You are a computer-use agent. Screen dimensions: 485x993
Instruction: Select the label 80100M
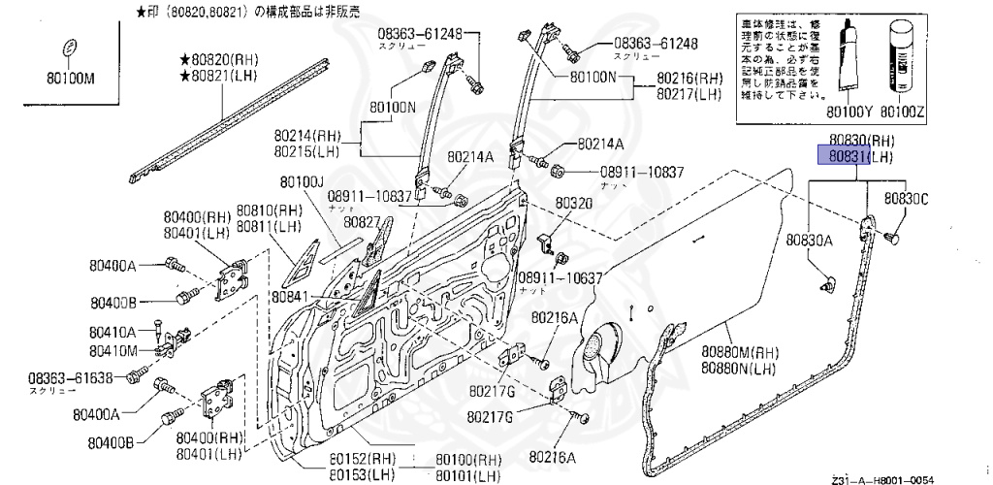tap(68, 78)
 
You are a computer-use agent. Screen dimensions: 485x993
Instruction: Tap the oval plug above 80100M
tap(69, 48)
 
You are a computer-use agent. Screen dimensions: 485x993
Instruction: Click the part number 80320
tap(573, 204)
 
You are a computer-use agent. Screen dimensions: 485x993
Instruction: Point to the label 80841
tap(290, 296)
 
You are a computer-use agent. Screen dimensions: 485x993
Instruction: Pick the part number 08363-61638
tap(71, 377)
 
